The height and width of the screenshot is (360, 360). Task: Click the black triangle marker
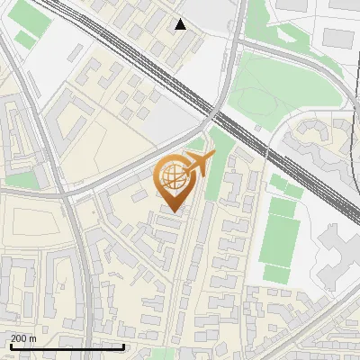pos(181,24)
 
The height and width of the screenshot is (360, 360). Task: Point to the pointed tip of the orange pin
pos(175,212)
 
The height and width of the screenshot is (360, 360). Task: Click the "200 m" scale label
pos(23,338)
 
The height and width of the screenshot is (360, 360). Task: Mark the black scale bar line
pos(67,346)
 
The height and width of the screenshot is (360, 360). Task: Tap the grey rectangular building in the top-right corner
pos(337,38)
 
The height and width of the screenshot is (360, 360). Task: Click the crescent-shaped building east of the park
pos(310,135)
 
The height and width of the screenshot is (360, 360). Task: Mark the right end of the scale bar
pos(123,346)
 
